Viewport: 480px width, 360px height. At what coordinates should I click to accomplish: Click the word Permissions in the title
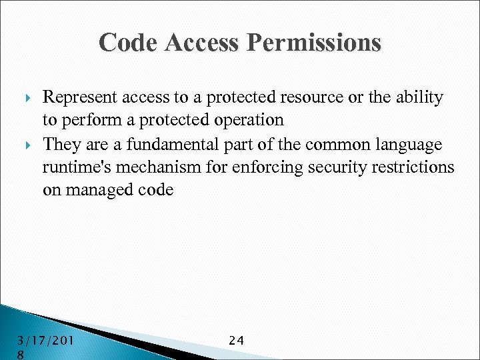tap(314, 43)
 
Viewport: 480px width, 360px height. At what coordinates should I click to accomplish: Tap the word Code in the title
tap(127, 43)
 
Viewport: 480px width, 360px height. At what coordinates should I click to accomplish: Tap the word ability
tap(420, 98)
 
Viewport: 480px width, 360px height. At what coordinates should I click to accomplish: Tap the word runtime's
tap(75, 167)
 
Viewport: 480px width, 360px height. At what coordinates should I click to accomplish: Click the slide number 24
tap(237, 341)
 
